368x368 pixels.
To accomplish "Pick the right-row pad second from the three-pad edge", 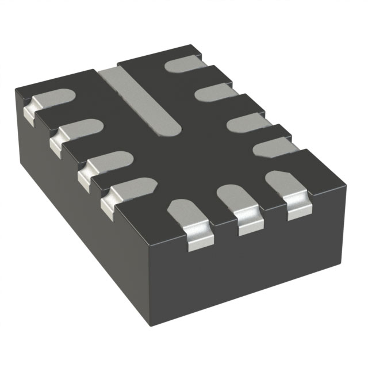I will click(x=246, y=122).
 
